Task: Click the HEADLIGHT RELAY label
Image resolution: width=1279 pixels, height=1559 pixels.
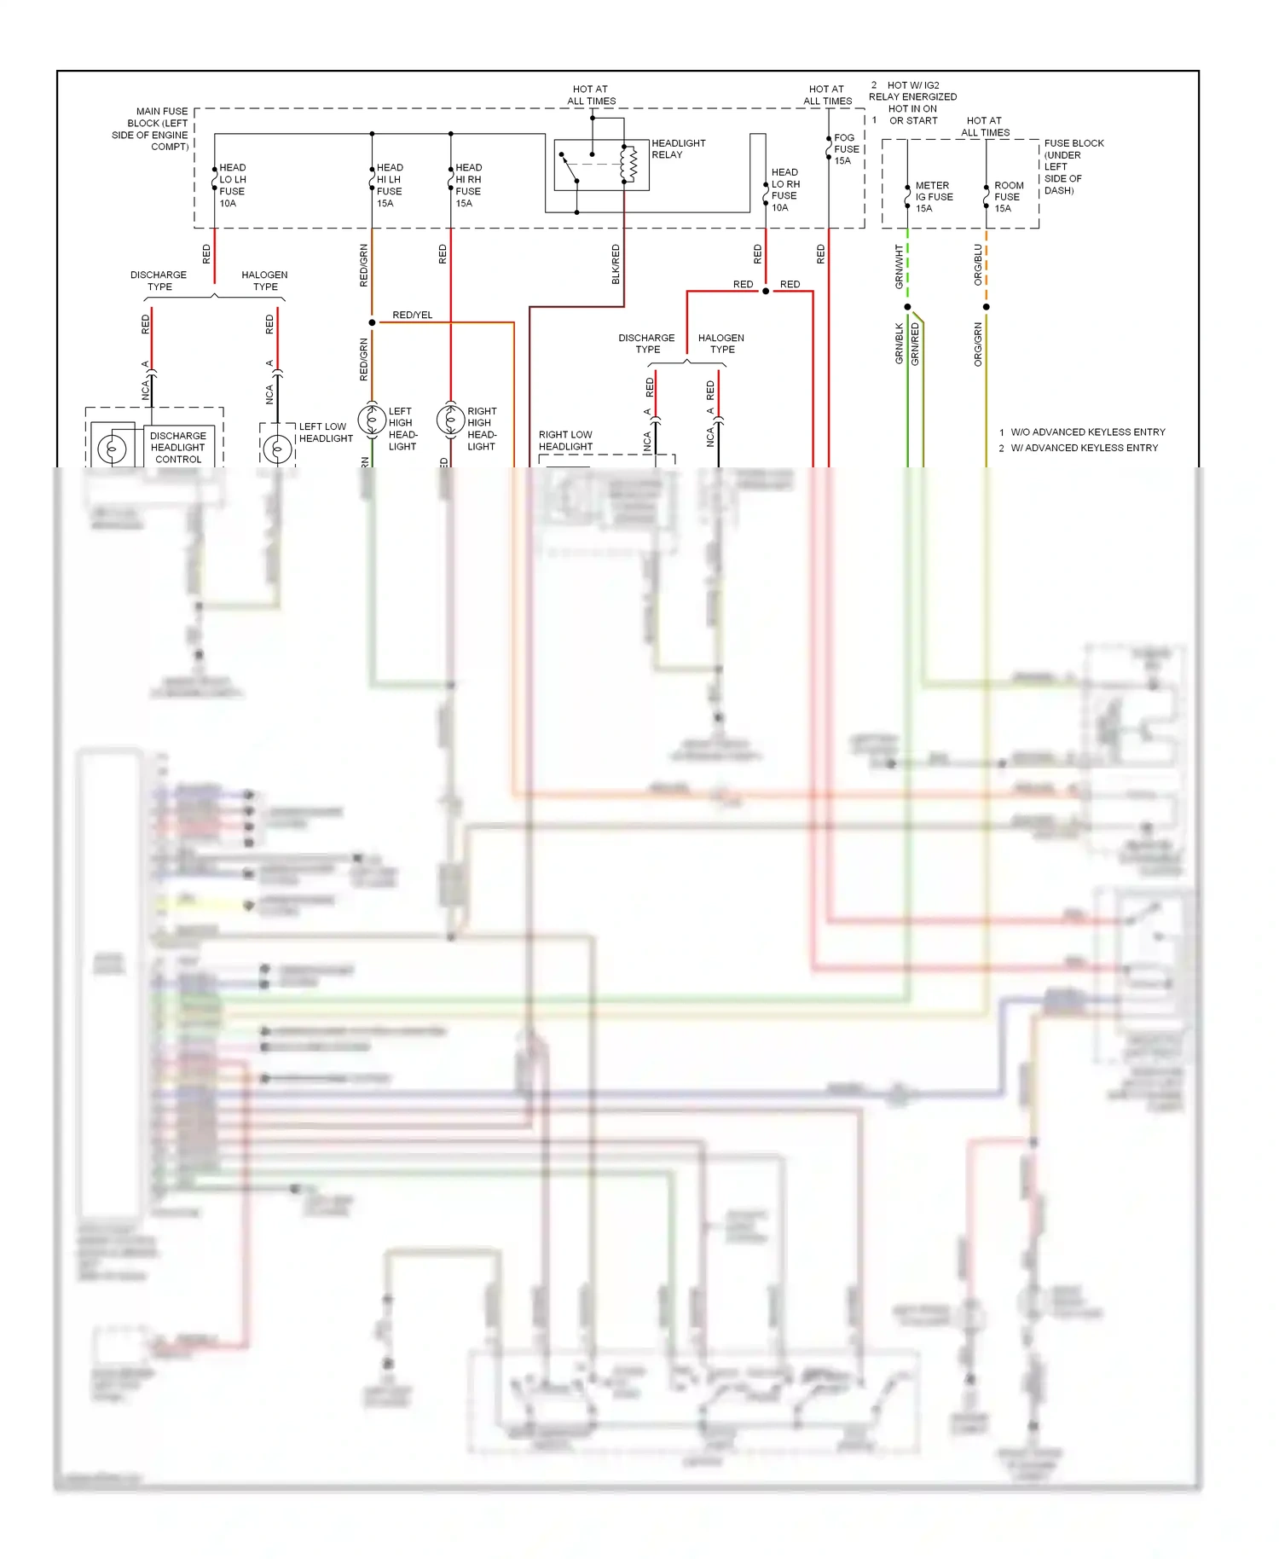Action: [x=678, y=149]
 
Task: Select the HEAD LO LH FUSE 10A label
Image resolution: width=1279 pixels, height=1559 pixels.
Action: [x=233, y=185]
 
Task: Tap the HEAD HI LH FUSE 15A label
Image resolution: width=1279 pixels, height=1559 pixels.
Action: [x=390, y=185]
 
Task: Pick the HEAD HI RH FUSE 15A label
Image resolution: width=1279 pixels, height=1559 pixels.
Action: [x=468, y=185]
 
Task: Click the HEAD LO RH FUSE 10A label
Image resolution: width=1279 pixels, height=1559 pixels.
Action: [x=785, y=189]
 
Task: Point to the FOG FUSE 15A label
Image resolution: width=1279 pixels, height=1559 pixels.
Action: [x=845, y=149]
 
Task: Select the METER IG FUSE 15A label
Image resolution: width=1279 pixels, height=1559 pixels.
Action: [x=934, y=197]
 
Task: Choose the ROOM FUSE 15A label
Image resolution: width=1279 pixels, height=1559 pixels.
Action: [x=1008, y=197]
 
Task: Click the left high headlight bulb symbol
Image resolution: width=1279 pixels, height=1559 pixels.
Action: [x=372, y=420]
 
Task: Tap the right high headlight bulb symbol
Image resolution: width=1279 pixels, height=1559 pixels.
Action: [x=450, y=420]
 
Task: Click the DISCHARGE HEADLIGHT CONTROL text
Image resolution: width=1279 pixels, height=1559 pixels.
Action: [x=178, y=447]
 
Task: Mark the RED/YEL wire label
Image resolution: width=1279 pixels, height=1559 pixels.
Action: [x=412, y=316]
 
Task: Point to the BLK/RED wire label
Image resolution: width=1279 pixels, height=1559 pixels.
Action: [x=616, y=264]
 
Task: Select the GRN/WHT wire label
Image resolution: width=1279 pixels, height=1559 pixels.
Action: [x=899, y=266]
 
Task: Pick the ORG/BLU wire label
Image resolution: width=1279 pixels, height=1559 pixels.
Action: [x=978, y=264]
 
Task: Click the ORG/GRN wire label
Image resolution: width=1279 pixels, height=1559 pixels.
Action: [x=978, y=345]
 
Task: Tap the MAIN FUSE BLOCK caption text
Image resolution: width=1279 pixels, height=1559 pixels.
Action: [x=152, y=129]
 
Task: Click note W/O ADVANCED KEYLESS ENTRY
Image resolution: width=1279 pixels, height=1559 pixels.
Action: [x=1087, y=432]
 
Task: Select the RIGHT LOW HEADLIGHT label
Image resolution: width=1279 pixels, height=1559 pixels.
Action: [x=565, y=441]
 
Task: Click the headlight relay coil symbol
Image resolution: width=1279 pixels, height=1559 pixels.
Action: [x=632, y=164]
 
